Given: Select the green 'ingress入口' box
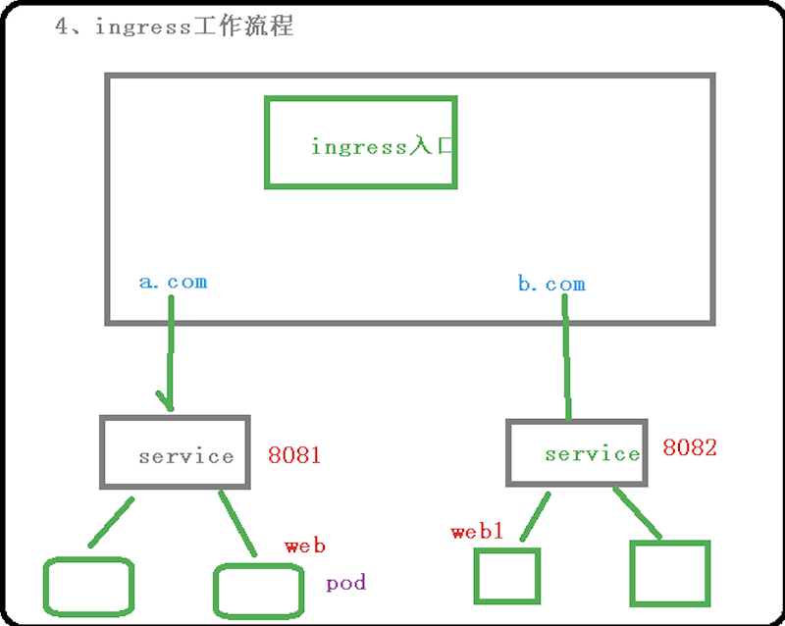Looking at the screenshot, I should click(361, 142).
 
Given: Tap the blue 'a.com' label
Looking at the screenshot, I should click(173, 283).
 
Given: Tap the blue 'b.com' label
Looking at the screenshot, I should click(550, 285).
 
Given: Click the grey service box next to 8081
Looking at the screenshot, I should click(175, 452).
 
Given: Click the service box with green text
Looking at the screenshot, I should click(577, 452).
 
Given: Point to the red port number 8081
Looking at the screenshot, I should click(294, 455).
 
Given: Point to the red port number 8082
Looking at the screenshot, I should click(689, 448).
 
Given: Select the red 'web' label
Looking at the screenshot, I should click(304, 546).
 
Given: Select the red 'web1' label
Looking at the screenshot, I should click(477, 532).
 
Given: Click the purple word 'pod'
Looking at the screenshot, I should click(345, 583).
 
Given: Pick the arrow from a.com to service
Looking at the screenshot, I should click(170, 353).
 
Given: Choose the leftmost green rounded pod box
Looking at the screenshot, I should click(88, 587).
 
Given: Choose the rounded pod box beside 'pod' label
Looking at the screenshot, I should click(257, 591).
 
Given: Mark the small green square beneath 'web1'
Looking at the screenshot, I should click(507, 576).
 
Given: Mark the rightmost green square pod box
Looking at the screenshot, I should click(669, 572).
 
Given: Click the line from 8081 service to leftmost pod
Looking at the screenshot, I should click(111, 522).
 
